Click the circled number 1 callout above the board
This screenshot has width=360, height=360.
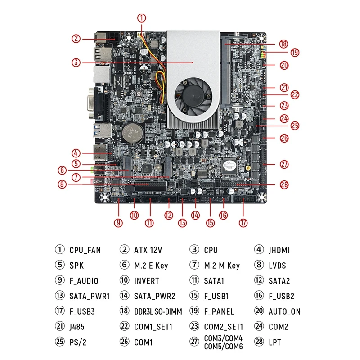click(142, 18)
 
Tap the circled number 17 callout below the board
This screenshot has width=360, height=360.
click(243, 222)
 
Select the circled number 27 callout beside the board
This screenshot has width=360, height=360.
click(284, 164)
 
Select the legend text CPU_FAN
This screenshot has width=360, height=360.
click(85, 250)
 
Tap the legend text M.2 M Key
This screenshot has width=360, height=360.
click(222, 265)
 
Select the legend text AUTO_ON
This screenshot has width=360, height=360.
click(284, 311)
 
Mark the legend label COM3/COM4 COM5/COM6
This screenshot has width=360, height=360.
click(223, 342)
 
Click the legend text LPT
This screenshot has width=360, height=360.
click(275, 342)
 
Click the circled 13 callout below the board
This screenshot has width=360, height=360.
click(182, 222)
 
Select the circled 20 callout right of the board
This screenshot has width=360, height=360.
click(284, 65)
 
